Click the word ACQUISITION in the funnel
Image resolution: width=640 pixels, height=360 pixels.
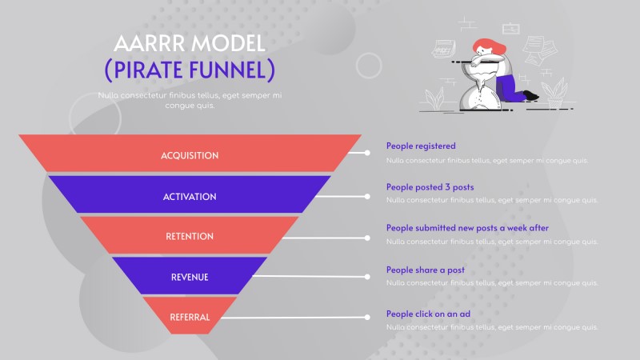pyautogui.click(x=190, y=155)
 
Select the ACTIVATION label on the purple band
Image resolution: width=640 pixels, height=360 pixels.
pyautogui.click(x=190, y=196)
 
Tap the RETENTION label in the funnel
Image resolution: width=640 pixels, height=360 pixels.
pyautogui.click(x=190, y=236)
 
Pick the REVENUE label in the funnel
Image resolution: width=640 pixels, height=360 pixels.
pyautogui.click(x=190, y=277)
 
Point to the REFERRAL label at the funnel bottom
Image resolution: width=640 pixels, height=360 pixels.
pyautogui.click(x=190, y=317)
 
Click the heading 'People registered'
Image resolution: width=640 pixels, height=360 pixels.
pyautogui.click(x=421, y=146)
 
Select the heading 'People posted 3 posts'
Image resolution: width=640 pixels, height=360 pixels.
pyautogui.click(x=430, y=187)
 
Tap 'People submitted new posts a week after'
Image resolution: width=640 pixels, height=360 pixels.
pyautogui.click(x=467, y=228)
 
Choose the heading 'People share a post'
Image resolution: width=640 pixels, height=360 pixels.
pyautogui.click(x=426, y=270)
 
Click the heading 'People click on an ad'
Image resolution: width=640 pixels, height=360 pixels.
pyautogui.click(x=428, y=314)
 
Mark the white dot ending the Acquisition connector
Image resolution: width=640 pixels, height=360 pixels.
pyautogui.click(x=367, y=152)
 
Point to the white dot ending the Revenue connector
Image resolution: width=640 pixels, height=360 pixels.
pyautogui.click(x=367, y=277)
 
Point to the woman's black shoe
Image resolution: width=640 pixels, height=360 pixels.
pyautogui.click(x=531, y=96)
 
